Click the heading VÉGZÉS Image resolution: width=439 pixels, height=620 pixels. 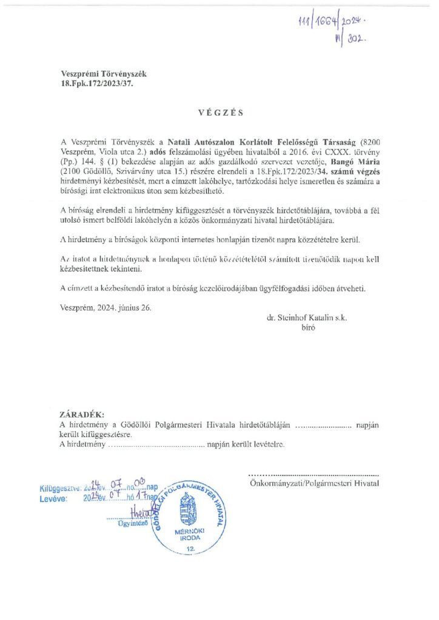tap(219, 113)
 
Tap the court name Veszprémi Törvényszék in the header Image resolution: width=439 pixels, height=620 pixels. tap(104, 74)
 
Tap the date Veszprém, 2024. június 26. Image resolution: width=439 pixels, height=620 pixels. tap(107, 307)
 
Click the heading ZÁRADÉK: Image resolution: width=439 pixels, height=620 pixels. tap(81, 415)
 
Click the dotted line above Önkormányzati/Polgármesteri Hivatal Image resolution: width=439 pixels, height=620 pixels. tap(314, 474)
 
